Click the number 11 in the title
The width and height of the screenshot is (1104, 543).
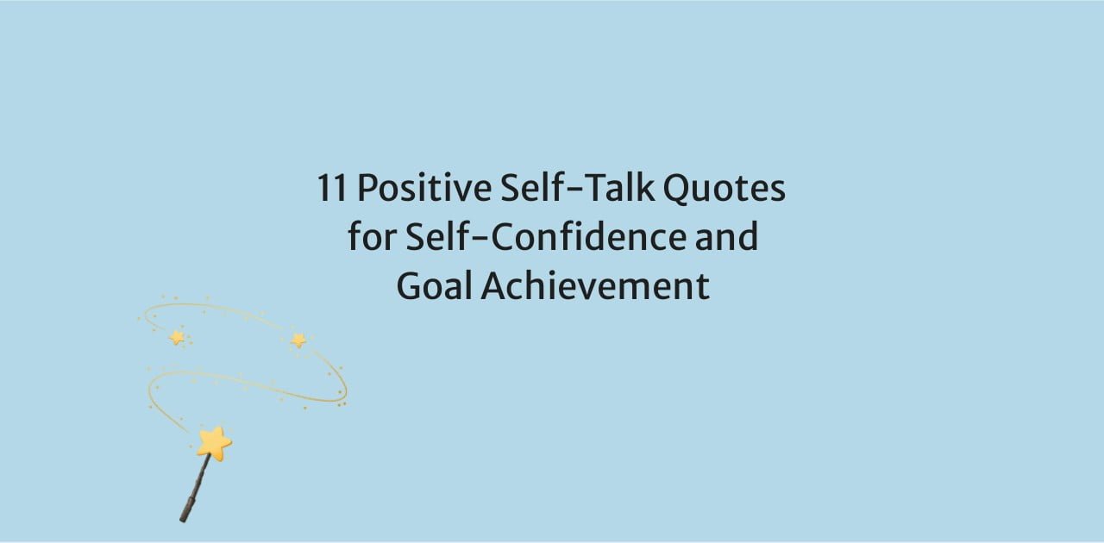tap(332, 188)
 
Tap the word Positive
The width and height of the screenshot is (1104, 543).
tap(424, 188)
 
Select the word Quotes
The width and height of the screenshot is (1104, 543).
tap(724, 188)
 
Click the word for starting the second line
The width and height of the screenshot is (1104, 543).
tap(373, 235)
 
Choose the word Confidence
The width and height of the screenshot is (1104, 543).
tap(589, 235)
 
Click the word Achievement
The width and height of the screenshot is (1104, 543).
tap(595, 285)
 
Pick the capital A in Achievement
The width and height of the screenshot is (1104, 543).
tap(494, 286)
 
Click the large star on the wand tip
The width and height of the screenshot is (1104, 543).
tap(214, 443)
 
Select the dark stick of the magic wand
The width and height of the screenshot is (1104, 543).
tap(195, 489)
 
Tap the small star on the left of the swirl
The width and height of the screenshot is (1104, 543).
tap(177, 338)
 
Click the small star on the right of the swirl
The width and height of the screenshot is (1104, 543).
tap(298, 340)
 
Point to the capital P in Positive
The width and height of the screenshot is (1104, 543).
tap(367, 188)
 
